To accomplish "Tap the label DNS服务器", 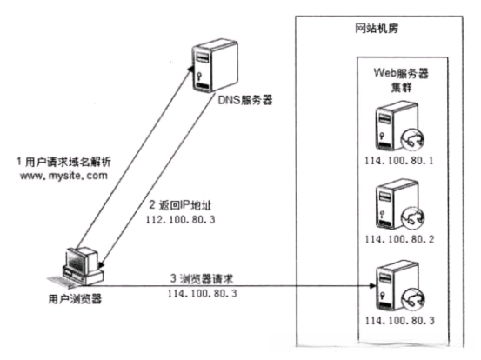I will coord(246,100).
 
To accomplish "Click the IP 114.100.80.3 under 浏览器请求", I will coord(201,295).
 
